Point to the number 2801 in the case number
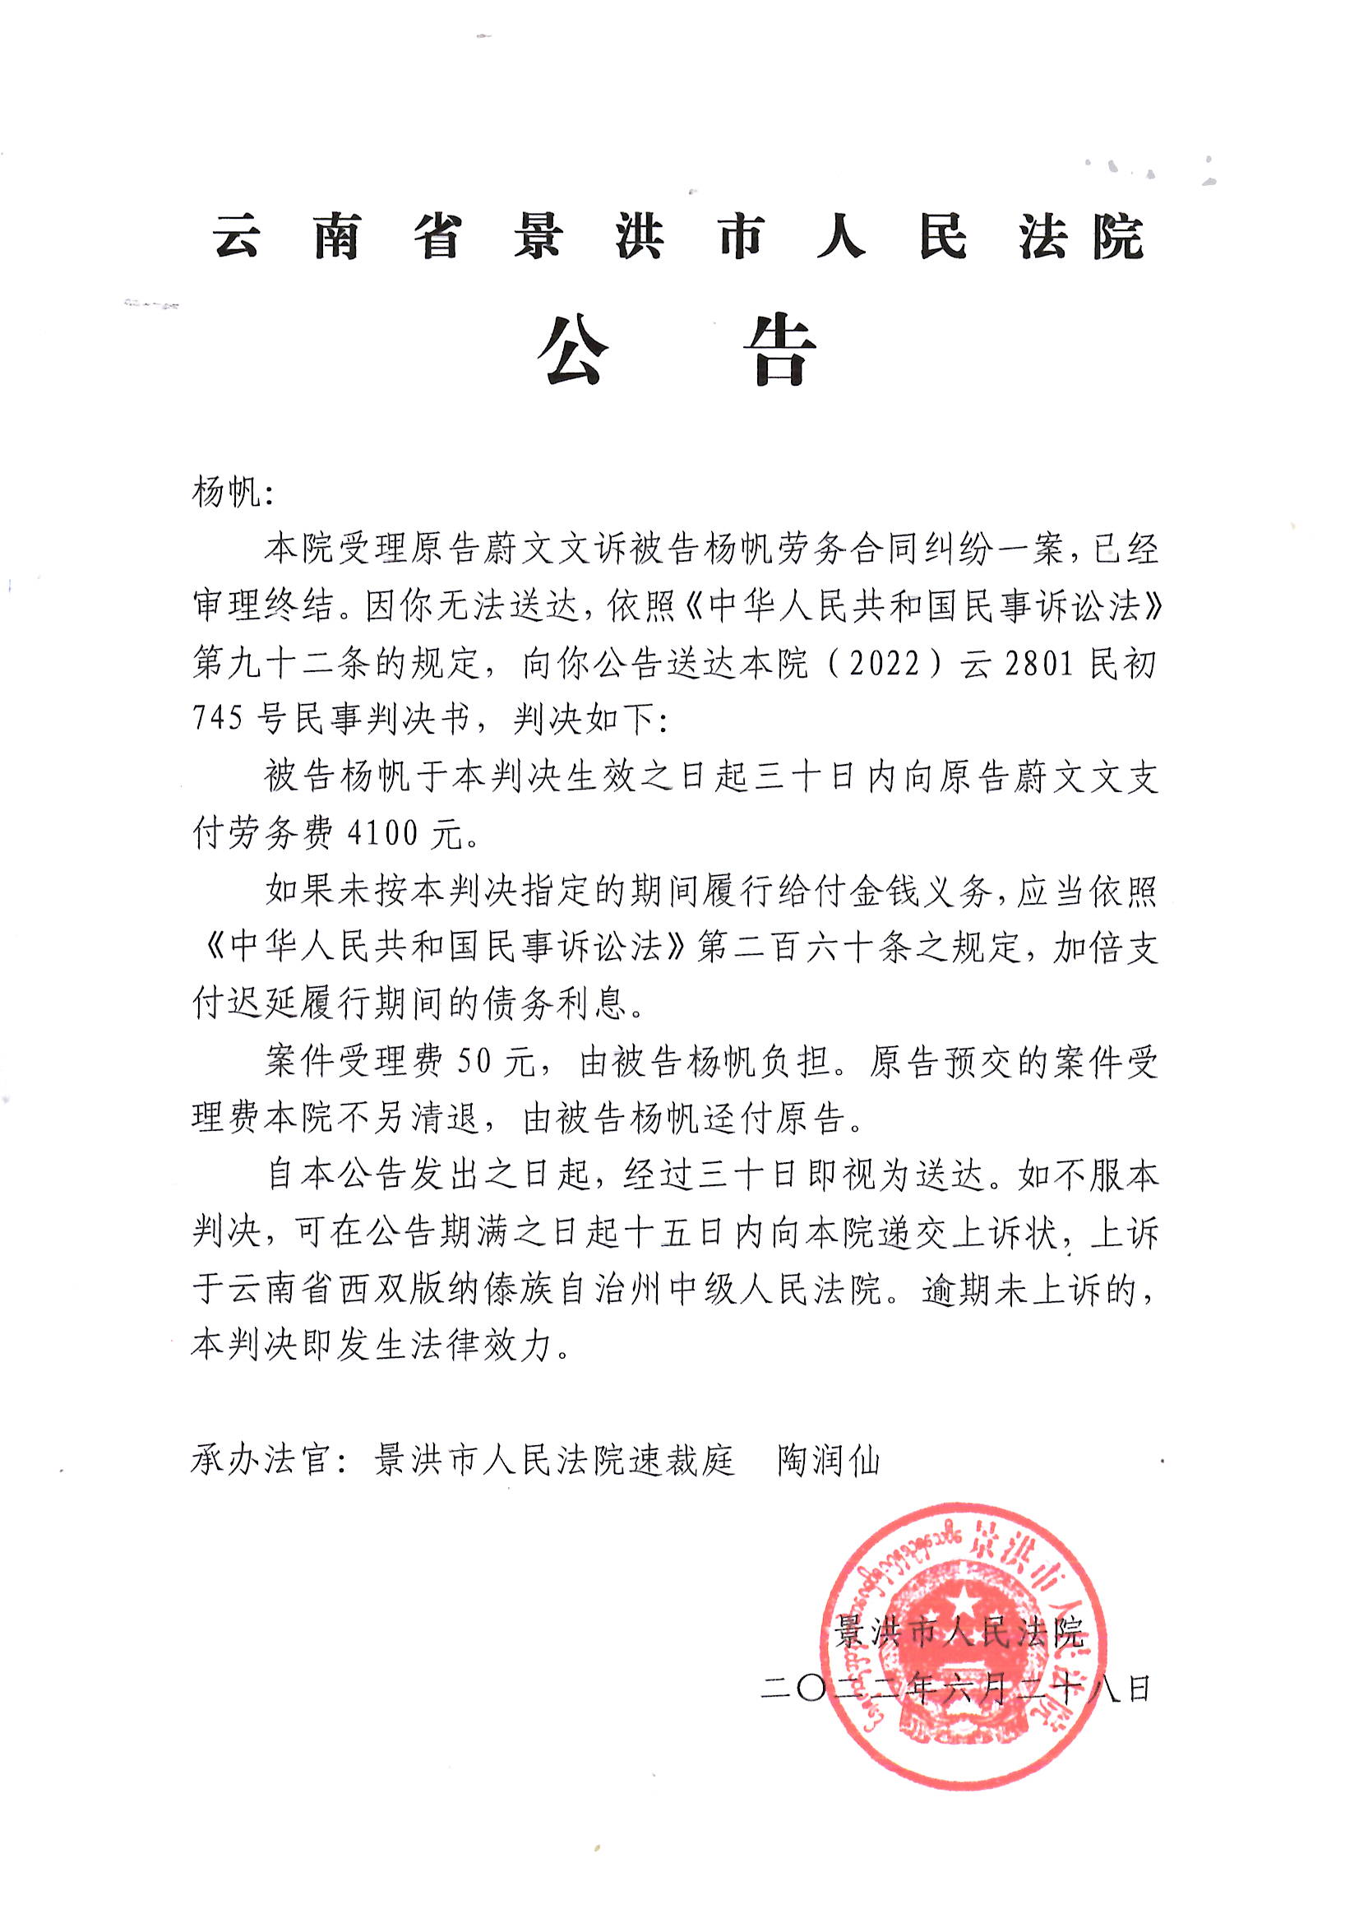pyautogui.click(x=1038, y=665)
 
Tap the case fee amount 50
pyautogui.click(x=474, y=1062)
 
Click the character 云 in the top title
pyautogui.click(x=236, y=236)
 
